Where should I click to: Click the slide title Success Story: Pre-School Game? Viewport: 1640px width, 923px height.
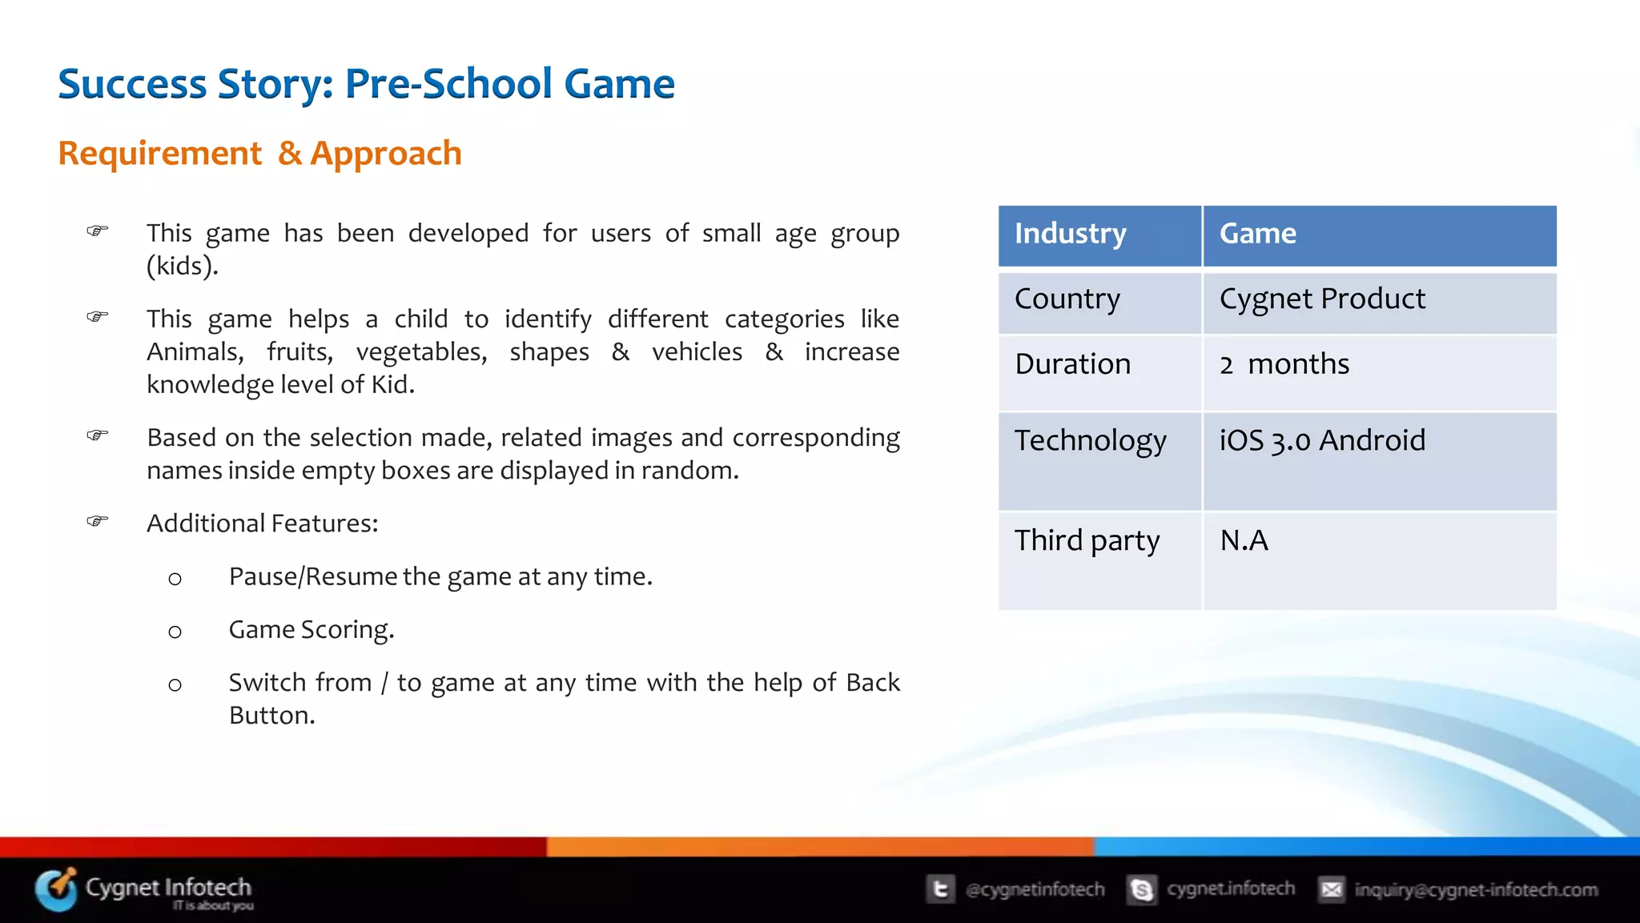pos(366,84)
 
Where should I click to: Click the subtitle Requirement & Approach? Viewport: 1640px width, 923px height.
pos(259,153)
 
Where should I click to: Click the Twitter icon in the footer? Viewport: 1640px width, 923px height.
pos(941,889)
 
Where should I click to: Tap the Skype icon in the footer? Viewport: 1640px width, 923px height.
pos(1141,889)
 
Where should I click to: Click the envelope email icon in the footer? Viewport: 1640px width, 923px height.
pos(1331,889)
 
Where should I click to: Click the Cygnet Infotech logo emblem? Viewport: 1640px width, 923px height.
pos(56,889)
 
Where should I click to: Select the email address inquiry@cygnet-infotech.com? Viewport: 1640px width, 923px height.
pos(1475,889)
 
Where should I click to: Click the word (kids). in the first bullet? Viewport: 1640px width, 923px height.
pos(182,266)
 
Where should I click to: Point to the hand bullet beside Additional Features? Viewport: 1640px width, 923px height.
pos(98,521)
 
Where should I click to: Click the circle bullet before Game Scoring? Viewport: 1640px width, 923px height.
pos(175,632)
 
